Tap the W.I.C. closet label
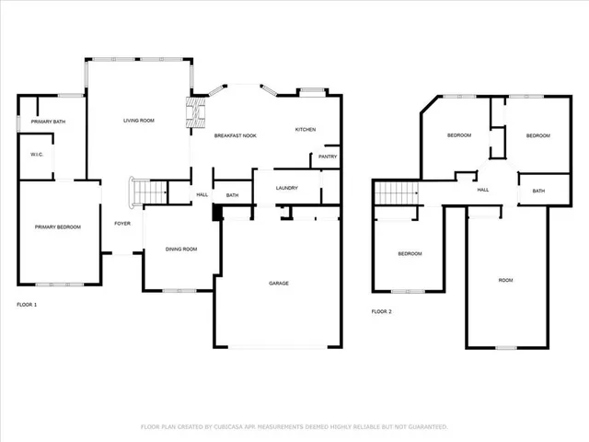38,154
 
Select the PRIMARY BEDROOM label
57,227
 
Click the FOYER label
121,224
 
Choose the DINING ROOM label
180,250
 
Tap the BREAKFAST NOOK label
235,136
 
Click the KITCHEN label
306,130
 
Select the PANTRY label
328,157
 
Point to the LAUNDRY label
286,189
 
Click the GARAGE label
279,283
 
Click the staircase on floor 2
397,193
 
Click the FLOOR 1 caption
28,304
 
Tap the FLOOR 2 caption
382,312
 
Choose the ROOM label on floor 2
505,280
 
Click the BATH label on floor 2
538,191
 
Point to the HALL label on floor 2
482,190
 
